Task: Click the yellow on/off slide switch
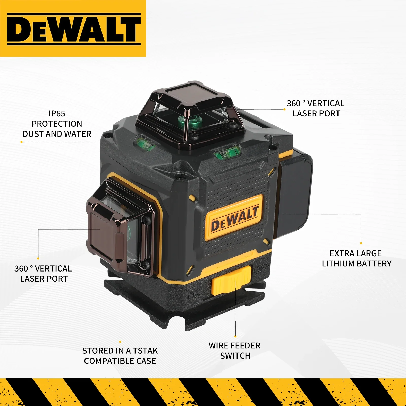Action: coord(231,280)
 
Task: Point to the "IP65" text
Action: coord(57,114)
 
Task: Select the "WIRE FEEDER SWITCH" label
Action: coord(235,351)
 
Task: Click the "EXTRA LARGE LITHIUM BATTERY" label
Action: coord(356,259)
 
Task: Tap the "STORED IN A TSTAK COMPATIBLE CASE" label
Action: coord(120,356)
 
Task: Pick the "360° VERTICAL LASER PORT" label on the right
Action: coord(316,109)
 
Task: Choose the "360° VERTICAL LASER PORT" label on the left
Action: coord(43,274)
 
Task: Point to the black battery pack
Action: coord(294,193)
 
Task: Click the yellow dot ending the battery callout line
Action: coord(361,243)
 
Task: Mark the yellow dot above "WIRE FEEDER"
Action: coord(235,336)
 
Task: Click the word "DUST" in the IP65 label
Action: coord(32,134)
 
